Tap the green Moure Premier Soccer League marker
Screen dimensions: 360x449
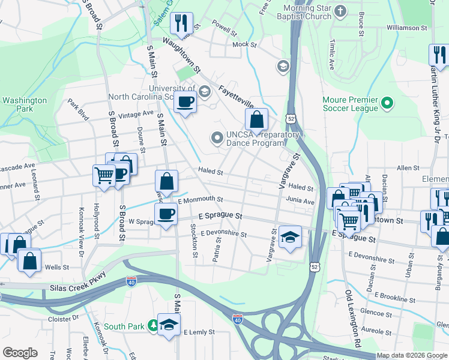(x=387, y=104)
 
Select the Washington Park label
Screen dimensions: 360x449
(x=24, y=105)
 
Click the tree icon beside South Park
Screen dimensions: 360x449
(x=153, y=326)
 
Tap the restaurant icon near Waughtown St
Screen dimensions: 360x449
(x=181, y=23)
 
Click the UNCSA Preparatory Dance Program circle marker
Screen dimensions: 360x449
(x=217, y=138)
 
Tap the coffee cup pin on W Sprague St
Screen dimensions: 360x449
(x=166, y=214)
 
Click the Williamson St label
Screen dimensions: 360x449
(x=406, y=28)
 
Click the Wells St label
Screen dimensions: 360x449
(x=53, y=266)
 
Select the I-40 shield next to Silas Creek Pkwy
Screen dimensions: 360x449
(x=131, y=281)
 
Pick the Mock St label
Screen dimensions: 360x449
(x=244, y=44)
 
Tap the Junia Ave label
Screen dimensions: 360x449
(x=300, y=202)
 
